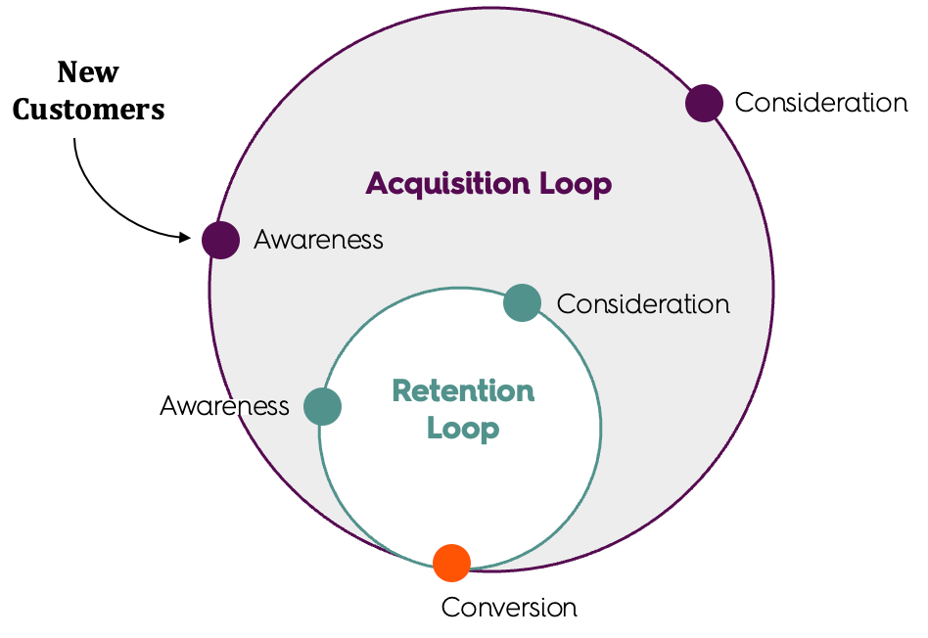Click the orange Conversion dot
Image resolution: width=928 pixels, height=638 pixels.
point(451,563)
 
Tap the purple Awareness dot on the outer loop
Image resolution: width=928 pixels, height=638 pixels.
point(220,240)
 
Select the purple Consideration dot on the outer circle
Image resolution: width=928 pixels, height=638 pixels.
point(703,103)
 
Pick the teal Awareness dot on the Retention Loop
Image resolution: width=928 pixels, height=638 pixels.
point(322,406)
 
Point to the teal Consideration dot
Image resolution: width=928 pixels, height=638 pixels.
point(522,302)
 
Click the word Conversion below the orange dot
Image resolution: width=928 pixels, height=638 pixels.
point(509,608)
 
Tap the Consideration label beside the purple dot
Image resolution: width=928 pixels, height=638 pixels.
point(820,103)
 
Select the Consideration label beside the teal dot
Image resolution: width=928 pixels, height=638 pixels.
point(643,303)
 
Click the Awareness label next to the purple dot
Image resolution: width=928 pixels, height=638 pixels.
point(318,240)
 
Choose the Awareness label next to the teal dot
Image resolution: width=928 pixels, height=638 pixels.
point(224,406)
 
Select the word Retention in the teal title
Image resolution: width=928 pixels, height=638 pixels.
point(463,391)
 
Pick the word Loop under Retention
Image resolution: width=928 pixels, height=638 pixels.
point(463,429)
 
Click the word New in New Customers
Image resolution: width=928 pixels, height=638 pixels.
point(88,72)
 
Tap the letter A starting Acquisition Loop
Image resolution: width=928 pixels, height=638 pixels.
point(377,184)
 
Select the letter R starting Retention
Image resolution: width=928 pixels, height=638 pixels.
point(401,391)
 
